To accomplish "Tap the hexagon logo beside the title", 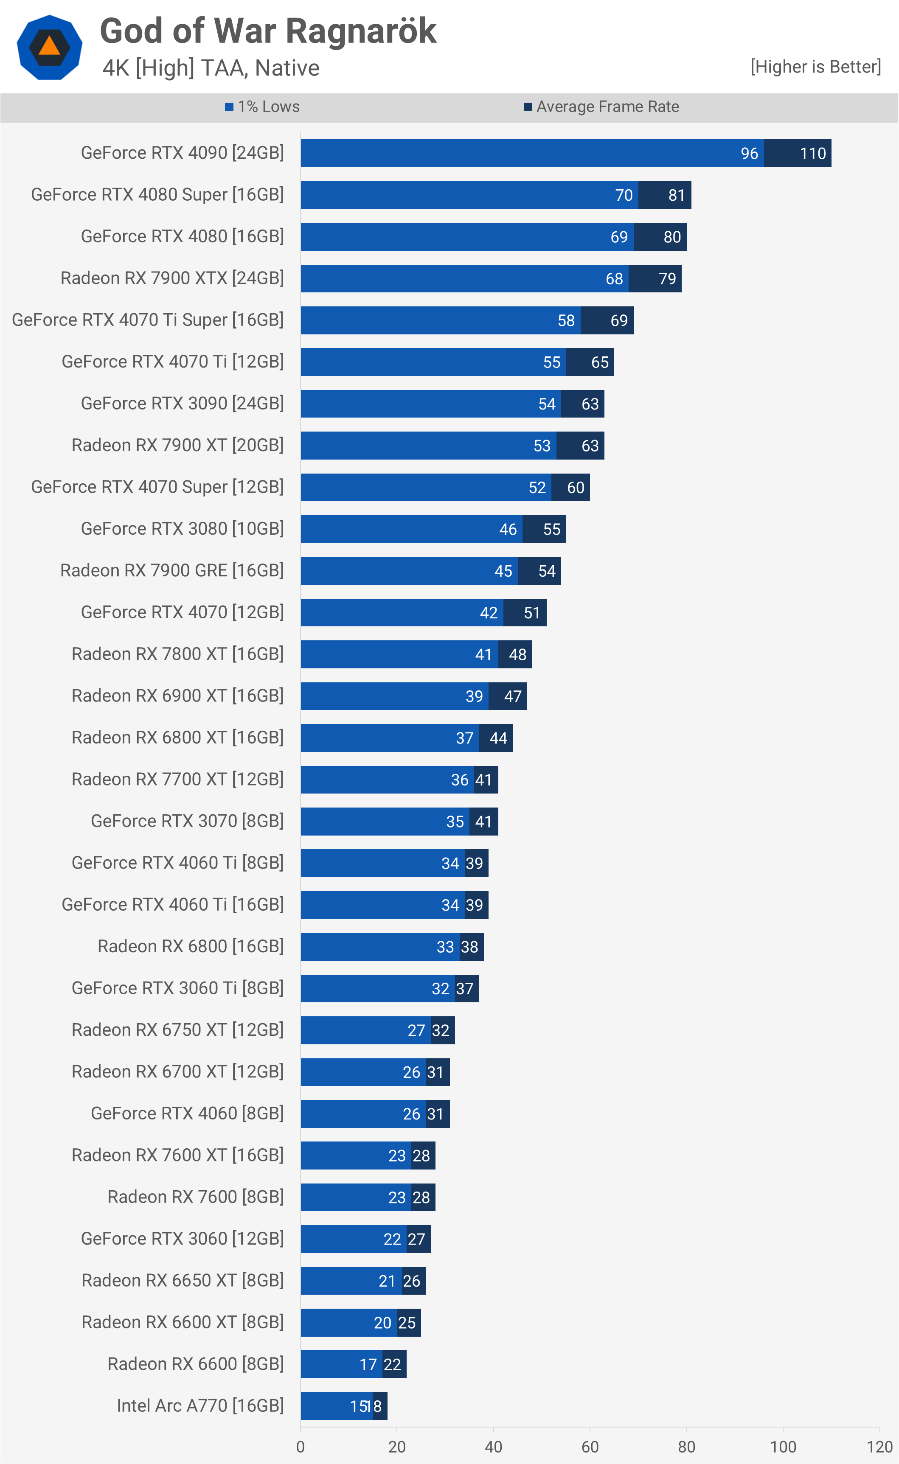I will pos(49,48).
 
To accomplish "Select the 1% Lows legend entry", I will pos(262,107).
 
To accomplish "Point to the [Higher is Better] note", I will pos(815,67).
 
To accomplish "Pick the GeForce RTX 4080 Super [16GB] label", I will pos(157,195).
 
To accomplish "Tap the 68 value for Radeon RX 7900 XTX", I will pos(614,279).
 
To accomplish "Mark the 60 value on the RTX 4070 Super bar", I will pos(576,488).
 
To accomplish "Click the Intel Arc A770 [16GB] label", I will pos(200,1405).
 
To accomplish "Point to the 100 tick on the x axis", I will pos(783,1446).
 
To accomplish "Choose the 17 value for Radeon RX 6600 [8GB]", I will pos(368,1364).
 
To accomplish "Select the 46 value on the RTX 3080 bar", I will pos(508,530).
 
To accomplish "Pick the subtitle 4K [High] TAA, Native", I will pos(211,68).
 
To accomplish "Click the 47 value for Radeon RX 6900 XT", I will pos(512,696).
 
